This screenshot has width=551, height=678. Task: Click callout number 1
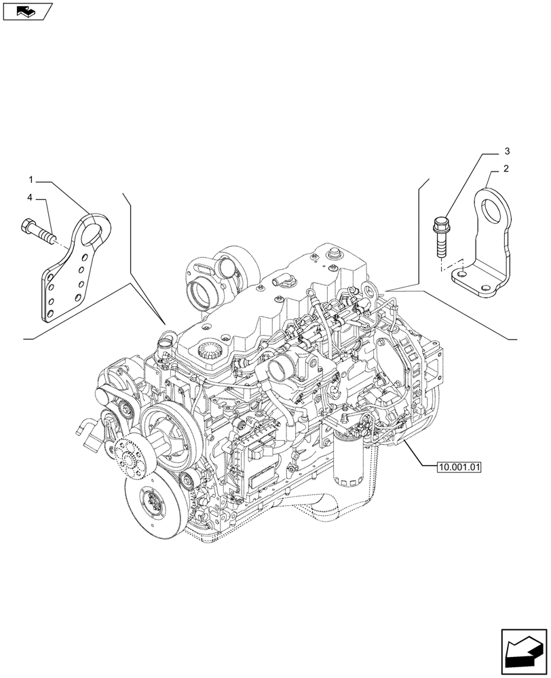coord(31,179)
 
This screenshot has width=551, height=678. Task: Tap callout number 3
coord(506,151)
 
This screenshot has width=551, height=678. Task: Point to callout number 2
coord(506,168)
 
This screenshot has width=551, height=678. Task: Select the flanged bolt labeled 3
coord(439,233)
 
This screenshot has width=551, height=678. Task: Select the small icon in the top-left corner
coord(27,10)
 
